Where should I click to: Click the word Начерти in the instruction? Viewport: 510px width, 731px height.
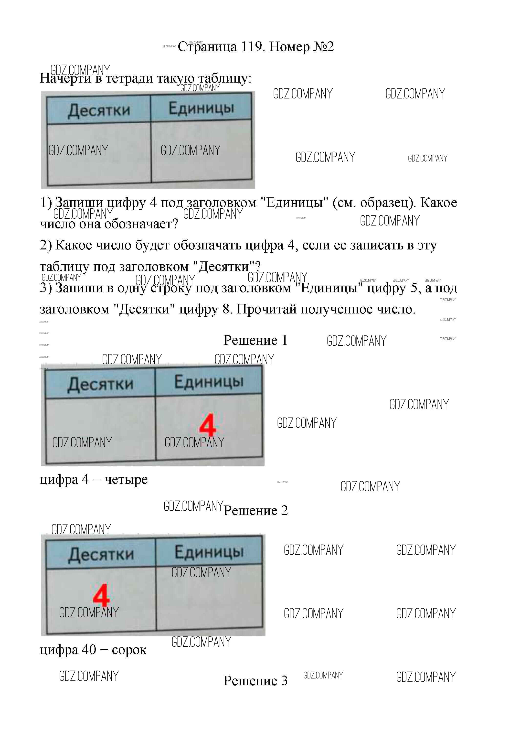coord(65,78)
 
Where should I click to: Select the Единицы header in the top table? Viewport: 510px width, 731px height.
coord(201,108)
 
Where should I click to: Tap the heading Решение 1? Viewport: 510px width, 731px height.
coord(255,340)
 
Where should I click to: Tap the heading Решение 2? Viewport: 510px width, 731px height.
coord(255,511)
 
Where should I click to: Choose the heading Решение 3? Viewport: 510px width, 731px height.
coord(255,681)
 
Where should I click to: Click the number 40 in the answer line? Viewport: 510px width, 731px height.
coord(89,649)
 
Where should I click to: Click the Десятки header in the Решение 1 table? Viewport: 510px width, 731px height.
coord(100,384)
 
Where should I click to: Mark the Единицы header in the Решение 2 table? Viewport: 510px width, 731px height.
coord(209,551)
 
